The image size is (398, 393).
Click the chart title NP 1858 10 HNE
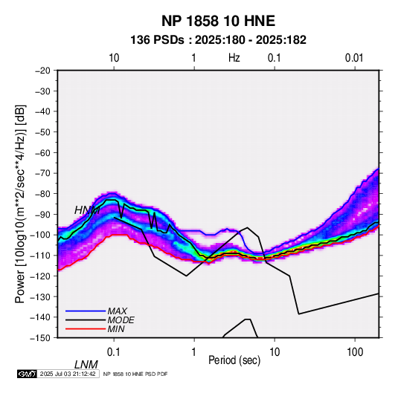point(218,21)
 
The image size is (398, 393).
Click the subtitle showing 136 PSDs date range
point(218,40)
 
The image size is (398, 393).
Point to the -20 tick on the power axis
point(42,71)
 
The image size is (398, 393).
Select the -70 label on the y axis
point(42,173)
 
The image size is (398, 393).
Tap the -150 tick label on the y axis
point(41,338)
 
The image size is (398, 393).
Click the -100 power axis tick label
point(41,235)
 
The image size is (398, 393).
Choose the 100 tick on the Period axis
point(355,352)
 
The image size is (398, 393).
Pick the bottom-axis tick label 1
point(194,352)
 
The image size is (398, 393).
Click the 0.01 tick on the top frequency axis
point(354,58)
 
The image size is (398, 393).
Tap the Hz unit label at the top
point(234,58)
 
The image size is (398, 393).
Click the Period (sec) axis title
point(234,360)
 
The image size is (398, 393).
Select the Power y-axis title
point(20,204)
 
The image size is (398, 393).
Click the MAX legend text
point(118,311)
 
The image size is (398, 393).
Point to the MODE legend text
point(121,320)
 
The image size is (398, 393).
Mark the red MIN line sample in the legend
point(86,329)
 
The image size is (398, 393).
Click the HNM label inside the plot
point(87,210)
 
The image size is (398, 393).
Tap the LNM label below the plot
point(86,365)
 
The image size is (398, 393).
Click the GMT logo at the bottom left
point(28,374)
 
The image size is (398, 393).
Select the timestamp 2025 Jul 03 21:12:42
point(68,374)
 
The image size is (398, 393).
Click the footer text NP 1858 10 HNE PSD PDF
point(135,374)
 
